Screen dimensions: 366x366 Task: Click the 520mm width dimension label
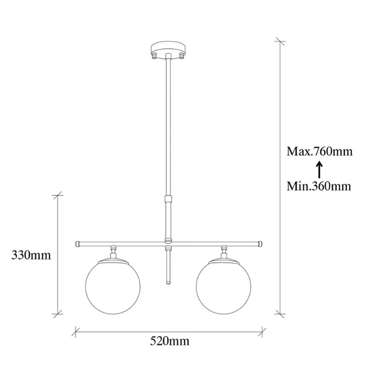[x=169, y=341]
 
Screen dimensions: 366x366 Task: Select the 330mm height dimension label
[x=31, y=255]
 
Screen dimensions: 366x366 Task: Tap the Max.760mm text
[x=319, y=151]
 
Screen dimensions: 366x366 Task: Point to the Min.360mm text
[x=319, y=186]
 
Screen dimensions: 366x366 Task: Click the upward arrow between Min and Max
[x=319, y=170]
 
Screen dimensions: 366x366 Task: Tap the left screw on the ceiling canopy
[x=155, y=55]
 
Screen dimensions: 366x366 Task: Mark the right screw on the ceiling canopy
[x=181, y=55]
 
